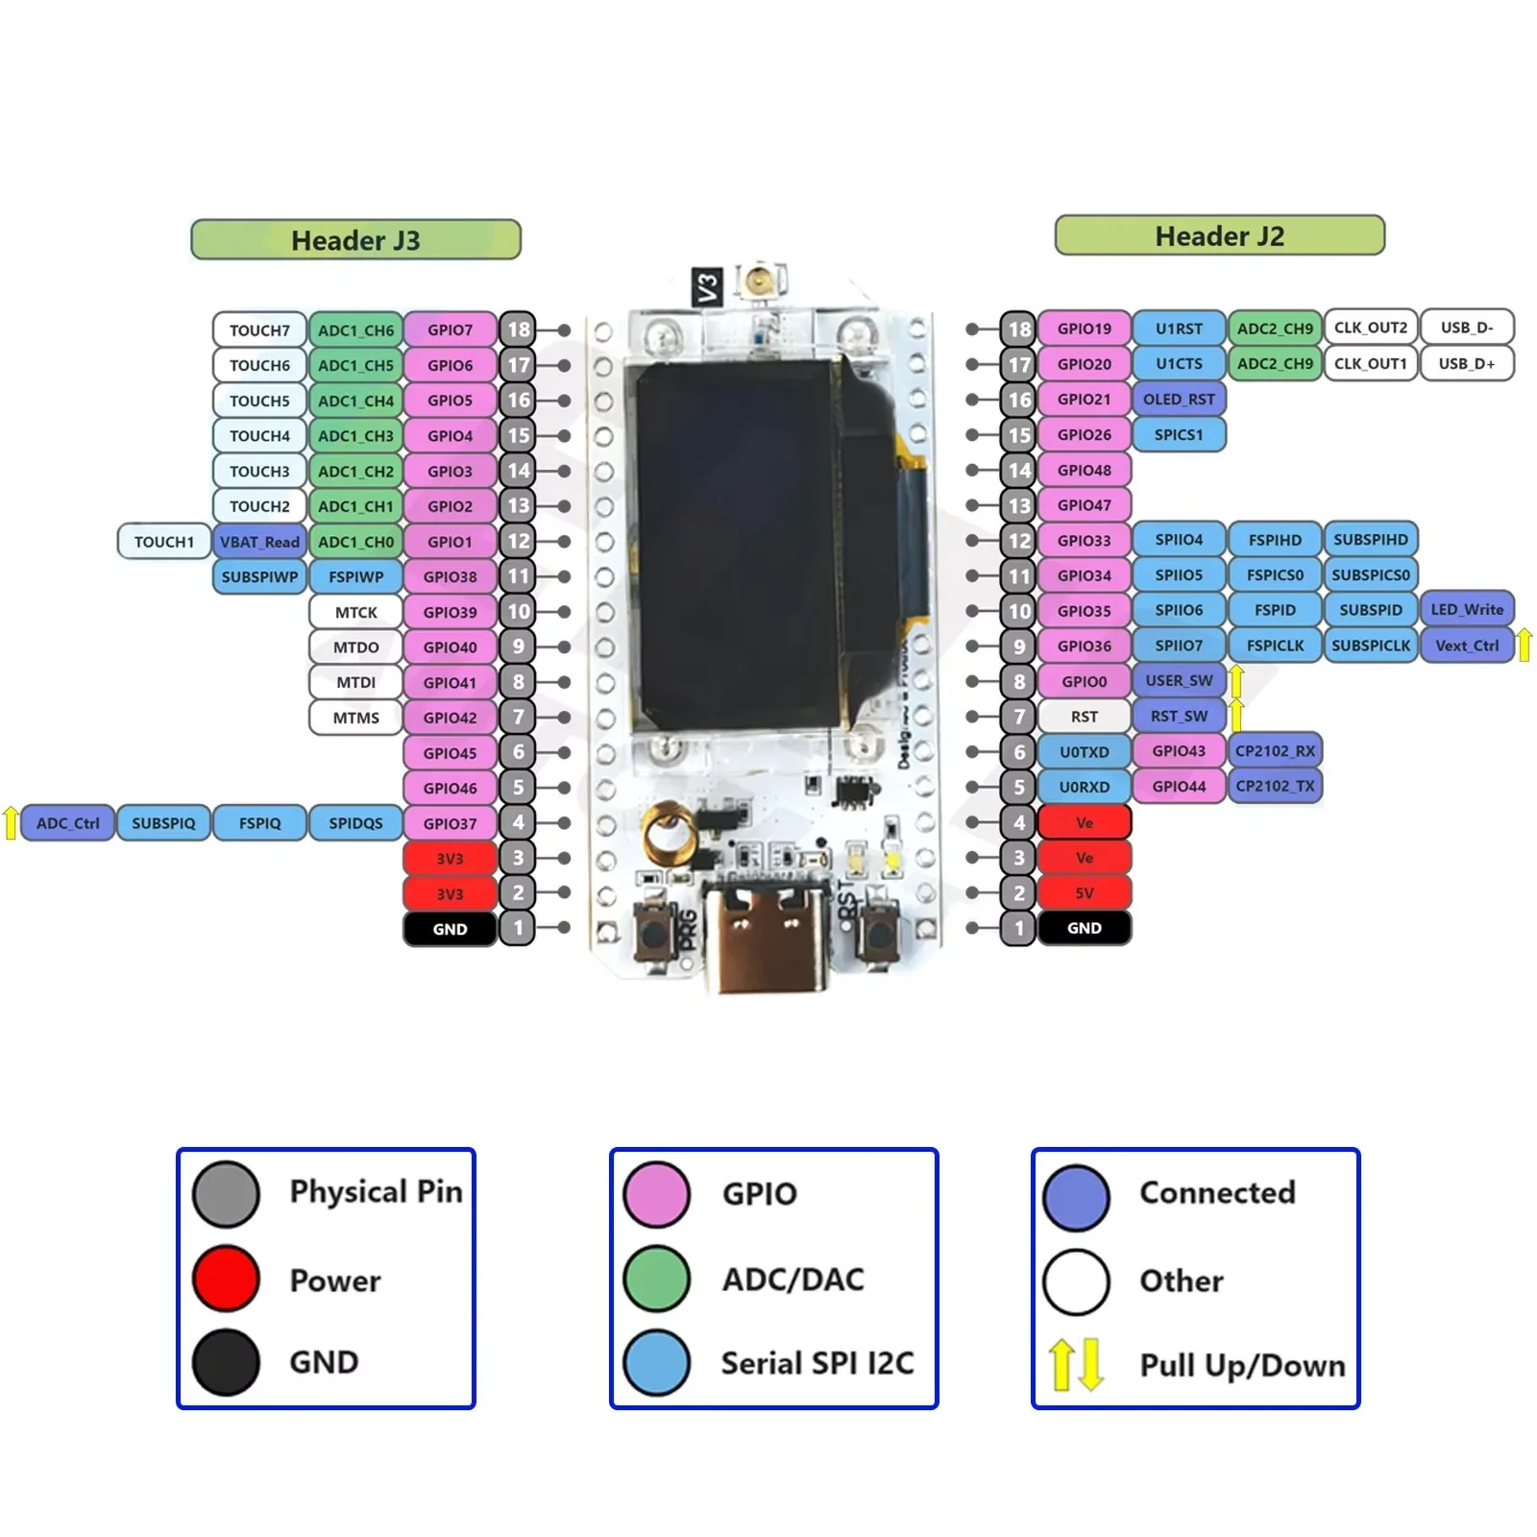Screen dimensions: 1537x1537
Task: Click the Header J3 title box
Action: (355, 239)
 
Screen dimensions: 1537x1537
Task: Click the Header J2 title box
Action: (1219, 235)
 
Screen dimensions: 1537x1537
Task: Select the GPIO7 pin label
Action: (450, 329)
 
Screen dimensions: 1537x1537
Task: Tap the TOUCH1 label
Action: (164, 542)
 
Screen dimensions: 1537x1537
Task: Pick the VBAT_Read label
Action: (259, 542)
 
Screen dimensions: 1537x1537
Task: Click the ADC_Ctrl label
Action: (67, 823)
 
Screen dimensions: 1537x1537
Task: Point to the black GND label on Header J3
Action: (450, 929)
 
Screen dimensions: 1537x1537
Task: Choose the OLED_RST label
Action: (1179, 399)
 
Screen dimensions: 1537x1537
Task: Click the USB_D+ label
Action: (1466, 363)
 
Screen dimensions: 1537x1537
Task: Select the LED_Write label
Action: (1466, 609)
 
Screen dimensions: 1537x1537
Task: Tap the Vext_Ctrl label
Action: (1466, 646)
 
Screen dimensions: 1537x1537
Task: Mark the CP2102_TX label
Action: (1275, 786)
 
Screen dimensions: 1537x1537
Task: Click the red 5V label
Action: (1084, 892)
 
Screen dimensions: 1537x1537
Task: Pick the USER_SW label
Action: (1179, 680)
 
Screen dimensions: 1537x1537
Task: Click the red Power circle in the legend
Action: (226, 1279)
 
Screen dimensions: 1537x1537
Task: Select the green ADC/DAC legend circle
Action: (656, 1279)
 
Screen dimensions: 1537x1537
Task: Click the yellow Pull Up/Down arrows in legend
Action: (1076, 1364)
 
